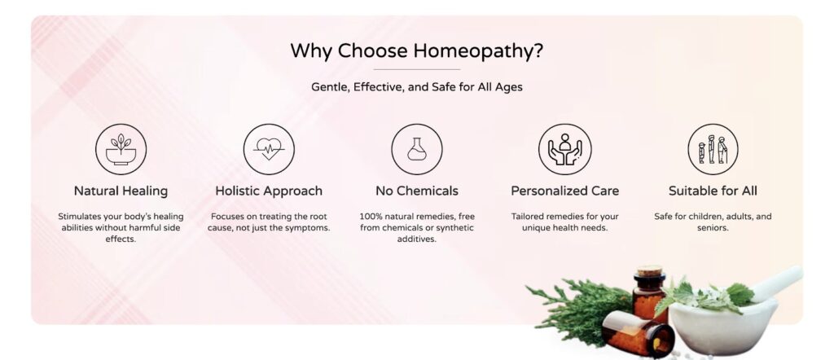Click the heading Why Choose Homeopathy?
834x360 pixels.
tap(416, 51)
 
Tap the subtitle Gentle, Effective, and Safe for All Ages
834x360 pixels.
tap(416, 86)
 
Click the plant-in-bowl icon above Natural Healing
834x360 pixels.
tap(121, 149)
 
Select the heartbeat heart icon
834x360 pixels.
tap(269, 149)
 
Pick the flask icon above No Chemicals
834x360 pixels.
tap(416, 149)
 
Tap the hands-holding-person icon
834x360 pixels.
tap(564, 149)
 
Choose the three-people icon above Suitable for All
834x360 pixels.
tap(713, 149)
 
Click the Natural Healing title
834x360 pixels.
tap(121, 191)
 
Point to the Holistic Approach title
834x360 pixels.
tap(269, 191)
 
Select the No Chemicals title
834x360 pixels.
tap(416, 191)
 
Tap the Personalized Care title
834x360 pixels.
tap(565, 191)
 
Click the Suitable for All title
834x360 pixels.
tap(713, 191)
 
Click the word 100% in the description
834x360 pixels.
tap(371, 217)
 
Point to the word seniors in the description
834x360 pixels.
tap(713, 227)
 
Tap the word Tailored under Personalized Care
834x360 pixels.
tap(528, 217)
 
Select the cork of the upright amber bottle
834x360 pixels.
tap(649, 270)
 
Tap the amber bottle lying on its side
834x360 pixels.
tap(639, 333)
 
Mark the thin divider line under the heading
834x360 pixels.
tap(416, 69)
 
